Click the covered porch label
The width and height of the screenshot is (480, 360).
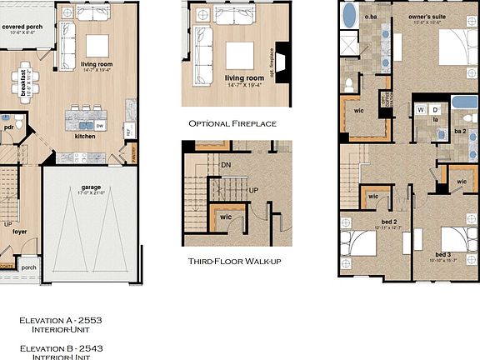23,27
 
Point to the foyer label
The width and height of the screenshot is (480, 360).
19,232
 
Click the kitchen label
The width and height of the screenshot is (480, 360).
85,136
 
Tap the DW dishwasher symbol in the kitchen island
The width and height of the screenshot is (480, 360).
99,125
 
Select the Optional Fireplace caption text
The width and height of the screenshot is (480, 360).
232,123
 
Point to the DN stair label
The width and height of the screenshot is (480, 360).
225,164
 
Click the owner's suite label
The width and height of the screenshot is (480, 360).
428,17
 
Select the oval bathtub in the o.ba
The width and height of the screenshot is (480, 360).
350,15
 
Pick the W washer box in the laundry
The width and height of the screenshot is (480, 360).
422,109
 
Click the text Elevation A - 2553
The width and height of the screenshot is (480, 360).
61,319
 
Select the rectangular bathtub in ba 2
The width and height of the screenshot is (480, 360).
464,103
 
